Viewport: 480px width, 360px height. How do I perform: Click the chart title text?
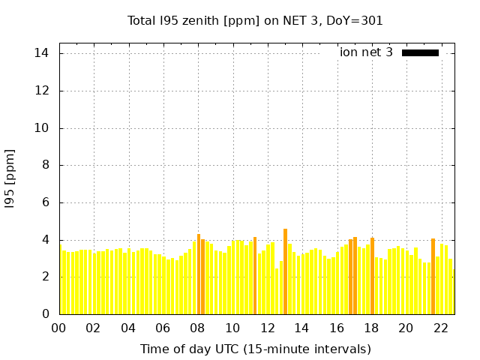255,20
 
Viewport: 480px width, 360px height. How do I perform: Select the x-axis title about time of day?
255,349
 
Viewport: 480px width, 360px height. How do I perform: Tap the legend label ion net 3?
366,52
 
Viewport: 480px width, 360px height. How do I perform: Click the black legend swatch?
420,52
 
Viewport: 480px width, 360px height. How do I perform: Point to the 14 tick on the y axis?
42,53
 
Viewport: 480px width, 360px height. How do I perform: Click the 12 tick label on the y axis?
42,91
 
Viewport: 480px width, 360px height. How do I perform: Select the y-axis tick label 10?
42,128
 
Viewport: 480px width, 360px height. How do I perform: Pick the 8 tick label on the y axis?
46,165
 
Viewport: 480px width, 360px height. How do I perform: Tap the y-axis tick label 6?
46,202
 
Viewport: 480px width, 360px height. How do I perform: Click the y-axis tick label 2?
46,277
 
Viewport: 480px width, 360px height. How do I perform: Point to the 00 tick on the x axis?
59,328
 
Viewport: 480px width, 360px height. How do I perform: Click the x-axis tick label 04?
129,328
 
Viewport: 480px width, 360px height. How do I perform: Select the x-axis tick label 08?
198,328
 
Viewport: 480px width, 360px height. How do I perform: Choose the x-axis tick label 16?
337,328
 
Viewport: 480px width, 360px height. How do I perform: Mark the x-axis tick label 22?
441,328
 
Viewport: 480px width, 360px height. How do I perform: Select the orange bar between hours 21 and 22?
433,276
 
